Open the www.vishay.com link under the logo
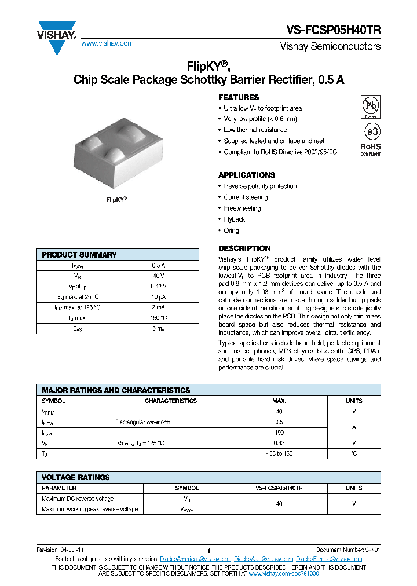[107, 43]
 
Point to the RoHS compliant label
[371, 149]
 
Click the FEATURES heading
[239, 97]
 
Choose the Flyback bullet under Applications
[235, 219]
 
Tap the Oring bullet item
[231, 230]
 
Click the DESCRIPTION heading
[244, 248]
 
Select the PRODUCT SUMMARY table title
[79, 255]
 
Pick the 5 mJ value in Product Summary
[159, 328]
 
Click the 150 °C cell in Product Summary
[159, 318]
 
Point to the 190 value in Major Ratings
[279, 433]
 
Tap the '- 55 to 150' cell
[279, 453]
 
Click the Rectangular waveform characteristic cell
[142, 422]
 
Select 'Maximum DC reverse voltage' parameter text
[78, 499]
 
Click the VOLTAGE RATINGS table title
[76, 477]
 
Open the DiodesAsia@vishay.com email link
[264, 559]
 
